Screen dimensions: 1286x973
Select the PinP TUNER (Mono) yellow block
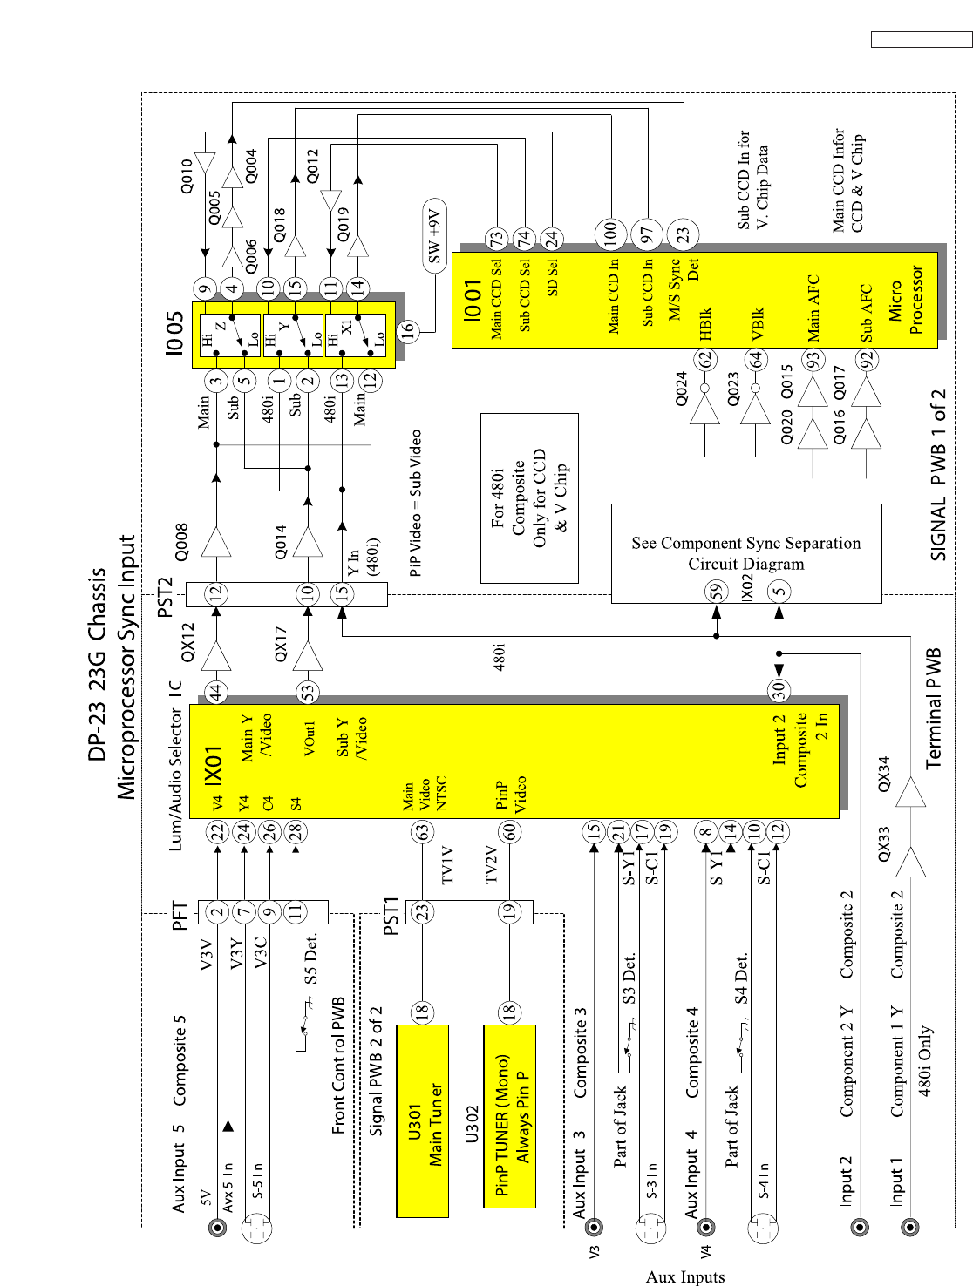click(x=509, y=1116)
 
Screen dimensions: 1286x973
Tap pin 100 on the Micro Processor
click(x=610, y=234)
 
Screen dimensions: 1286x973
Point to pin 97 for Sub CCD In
click(x=646, y=234)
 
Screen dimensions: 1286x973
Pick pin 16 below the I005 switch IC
click(x=407, y=330)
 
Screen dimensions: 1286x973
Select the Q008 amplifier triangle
click(x=216, y=542)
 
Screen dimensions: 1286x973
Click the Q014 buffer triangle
click(x=308, y=542)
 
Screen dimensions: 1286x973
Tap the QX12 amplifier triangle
click(x=216, y=655)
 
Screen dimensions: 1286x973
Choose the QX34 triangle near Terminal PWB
click(x=911, y=792)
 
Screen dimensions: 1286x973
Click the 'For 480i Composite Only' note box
click(x=529, y=497)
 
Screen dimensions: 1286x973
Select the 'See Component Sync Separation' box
click(x=746, y=552)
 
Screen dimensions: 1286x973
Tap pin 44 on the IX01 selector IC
click(x=215, y=693)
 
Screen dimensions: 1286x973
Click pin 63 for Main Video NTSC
click(x=423, y=831)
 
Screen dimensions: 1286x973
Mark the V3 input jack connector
click(x=594, y=1227)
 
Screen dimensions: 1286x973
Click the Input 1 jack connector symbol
click(x=910, y=1227)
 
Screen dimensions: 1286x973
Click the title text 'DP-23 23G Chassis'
click(x=98, y=664)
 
